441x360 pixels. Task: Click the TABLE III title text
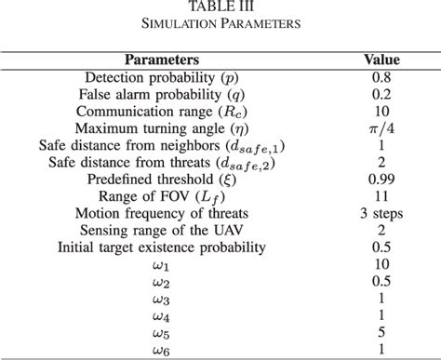pyautogui.click(x=220, y=7)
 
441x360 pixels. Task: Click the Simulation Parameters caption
pyautogui.click(x=220, y=24)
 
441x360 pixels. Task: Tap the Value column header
pyautogui.click(x=381, y=60)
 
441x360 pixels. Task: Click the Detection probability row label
pyautogui.click(x=162, y=77)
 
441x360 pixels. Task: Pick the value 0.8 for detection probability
pyautogui.click(x=381, y=77)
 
